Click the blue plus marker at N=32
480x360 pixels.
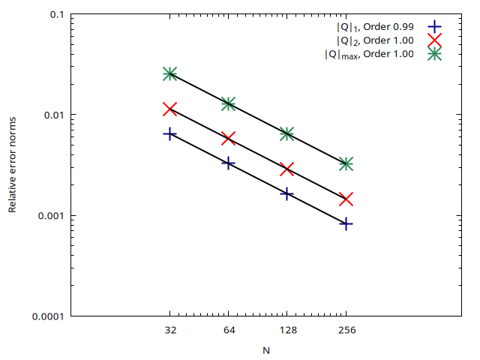(169, 133)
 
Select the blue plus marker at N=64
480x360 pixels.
(228, 163)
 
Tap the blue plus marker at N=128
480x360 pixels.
(286, 193)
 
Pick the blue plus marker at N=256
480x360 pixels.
(346, 223)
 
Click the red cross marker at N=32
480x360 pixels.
(169, 109)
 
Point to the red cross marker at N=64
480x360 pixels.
(228, 138)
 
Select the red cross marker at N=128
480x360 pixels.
(286, 169)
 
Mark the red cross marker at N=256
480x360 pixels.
(346, 199)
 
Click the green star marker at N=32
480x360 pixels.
(169, 73)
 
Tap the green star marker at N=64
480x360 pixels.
(228, 103)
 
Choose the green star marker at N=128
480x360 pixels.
(286, 133)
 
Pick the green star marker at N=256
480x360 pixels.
(346, 163)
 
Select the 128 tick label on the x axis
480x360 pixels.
(286, 330)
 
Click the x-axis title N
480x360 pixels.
(265, 349)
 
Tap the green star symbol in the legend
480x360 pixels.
(433, 54)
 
